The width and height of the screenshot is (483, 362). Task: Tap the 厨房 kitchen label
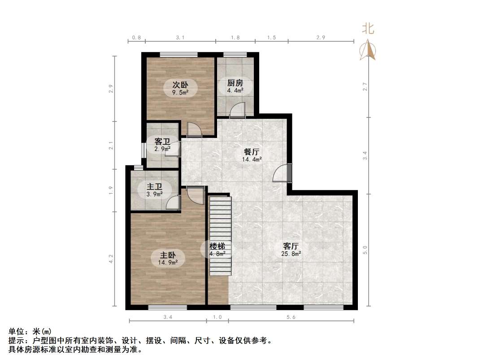pyautogui.click(x=235, y=83)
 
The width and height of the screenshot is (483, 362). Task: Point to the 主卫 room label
pyautogui.click(x=154, y=186)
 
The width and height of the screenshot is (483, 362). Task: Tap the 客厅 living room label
pyautogui.click(x=291, y=246)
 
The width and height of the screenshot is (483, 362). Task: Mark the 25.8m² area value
pyautogui.click(x=291, y=254)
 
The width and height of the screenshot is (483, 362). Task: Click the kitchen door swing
pyautogui.click(x=238, y=110)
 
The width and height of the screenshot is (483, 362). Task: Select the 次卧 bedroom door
pyautogui.click(x=194, y=129)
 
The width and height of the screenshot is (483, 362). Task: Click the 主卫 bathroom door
pyautogui.click(x=172, y=203)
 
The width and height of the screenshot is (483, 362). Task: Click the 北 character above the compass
pyautogui.click(x=369, y=29)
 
